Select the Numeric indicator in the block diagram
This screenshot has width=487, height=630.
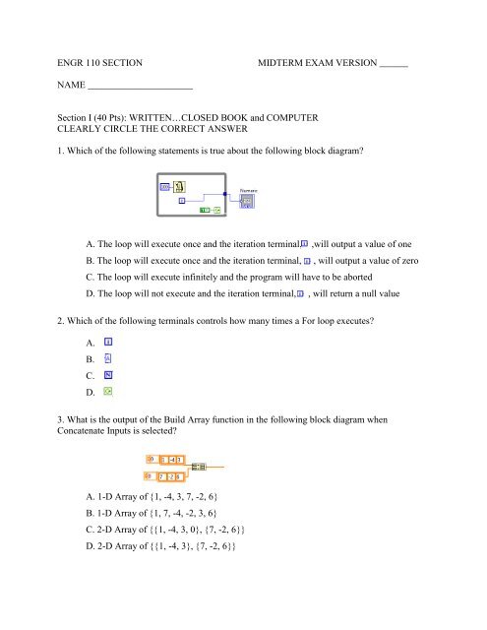tap(247, 199)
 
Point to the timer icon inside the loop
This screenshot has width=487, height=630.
tap(179, 186)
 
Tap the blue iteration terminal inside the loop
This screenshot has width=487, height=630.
tap(183, 200)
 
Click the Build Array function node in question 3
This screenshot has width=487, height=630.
tap(200, 467)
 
